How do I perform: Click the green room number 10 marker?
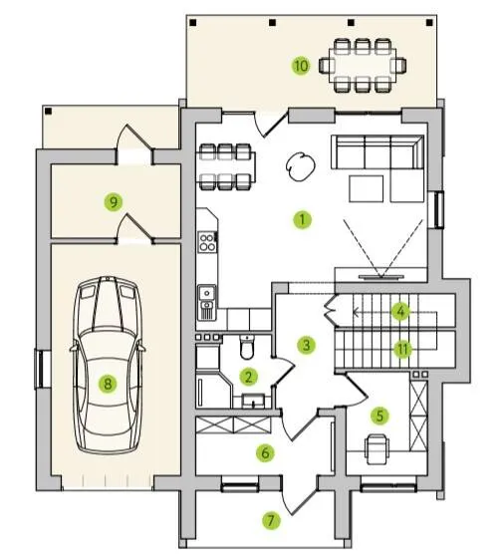point(301,66)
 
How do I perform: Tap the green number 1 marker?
point(303,219)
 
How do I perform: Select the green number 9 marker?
point(114,202)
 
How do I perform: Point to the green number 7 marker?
point(271,520)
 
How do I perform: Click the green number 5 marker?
point(379,416)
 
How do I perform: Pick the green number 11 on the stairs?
point(402,350)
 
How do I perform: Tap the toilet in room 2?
point(247,347)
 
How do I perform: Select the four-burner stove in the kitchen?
point(207,242)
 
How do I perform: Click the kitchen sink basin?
point(206,293)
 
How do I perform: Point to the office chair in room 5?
point(377,449)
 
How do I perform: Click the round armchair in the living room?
point(301,166)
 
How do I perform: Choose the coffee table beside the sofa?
point(366,188)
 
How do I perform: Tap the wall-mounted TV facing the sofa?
point(380,276)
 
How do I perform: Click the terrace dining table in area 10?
point(363,66)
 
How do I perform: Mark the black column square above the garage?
point(49,112)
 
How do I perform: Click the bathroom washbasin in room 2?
point(253,401)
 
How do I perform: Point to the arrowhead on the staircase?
point(356,312)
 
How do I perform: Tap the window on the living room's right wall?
point(439,209)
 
